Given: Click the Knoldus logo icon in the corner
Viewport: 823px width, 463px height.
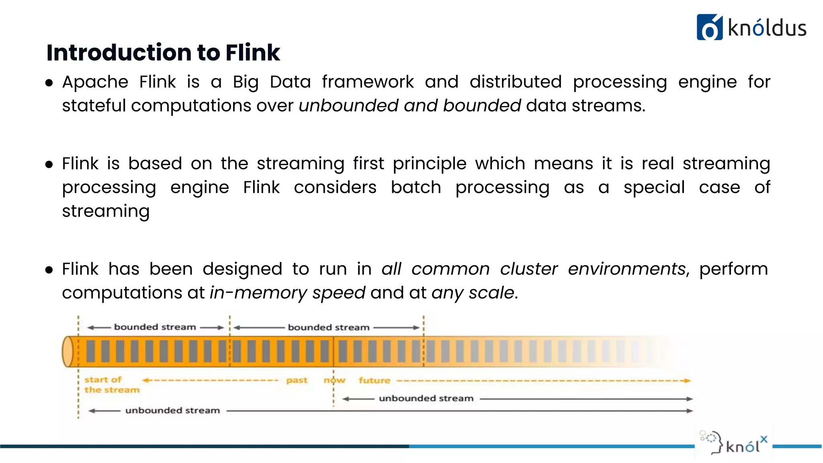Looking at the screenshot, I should [709, 27].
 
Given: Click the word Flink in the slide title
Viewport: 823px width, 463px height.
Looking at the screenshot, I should [252, 53].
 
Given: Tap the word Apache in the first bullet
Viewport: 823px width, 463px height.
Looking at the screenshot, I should [95, 82].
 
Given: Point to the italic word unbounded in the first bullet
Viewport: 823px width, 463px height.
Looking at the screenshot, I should [348, 106].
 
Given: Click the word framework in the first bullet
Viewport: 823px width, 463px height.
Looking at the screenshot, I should [368, 82].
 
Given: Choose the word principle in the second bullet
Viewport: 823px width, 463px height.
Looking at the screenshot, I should [430, 164].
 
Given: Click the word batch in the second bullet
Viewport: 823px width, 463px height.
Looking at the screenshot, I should [416, 187].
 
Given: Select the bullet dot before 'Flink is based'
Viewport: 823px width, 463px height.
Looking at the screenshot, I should [49, 164].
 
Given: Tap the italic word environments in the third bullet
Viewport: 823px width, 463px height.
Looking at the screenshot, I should [627, 269].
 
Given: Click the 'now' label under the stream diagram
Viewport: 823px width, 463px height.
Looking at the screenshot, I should [334, 380].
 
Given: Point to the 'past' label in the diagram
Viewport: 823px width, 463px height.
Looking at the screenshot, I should [297, 380].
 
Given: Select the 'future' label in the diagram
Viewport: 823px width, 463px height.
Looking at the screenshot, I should [374, 380].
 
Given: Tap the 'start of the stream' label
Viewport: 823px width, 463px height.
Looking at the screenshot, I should [111, 385].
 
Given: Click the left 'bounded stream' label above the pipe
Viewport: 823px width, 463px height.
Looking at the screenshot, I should [155, 327].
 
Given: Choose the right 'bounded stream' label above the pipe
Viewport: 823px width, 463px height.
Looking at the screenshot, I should [328, 328].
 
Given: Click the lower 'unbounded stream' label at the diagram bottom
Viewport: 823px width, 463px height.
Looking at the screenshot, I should [172, 410].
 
